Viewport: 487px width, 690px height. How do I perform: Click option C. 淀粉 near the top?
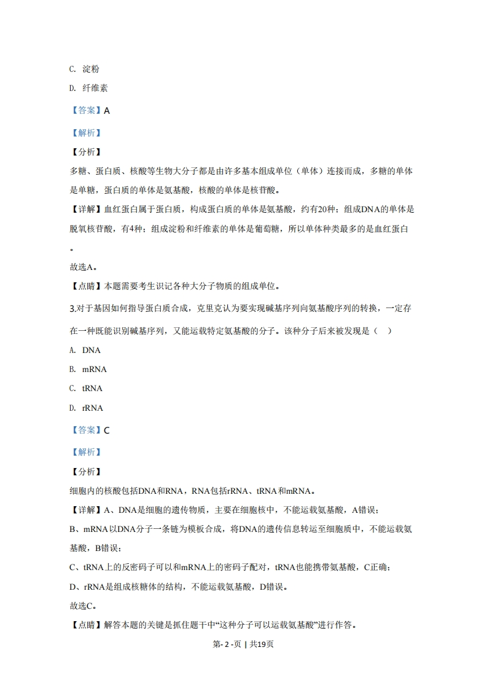pyautogui.click(x=85, y=69)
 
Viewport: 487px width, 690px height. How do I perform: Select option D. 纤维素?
pyautogui.click(x=89, y=88)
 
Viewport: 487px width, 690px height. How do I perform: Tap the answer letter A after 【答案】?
pyautogui.click(x=107, y=111)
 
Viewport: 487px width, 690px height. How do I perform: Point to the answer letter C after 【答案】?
pyautogui.click(x=107, y=430)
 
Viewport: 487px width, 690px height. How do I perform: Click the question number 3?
pyautogui.click(x=72, y=308)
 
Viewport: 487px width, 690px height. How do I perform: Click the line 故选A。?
pyautogui.click(x=83, y=267)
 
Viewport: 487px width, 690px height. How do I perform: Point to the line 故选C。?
pyautogui.click(x=83, y=606)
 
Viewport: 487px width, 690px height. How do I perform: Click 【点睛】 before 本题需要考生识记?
pyautogui.click(x=86, y=286)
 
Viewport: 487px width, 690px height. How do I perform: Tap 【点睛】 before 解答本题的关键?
pyautogui.click(x=86, y=625)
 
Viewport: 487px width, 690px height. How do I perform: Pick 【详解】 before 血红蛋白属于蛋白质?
pyautogui.click(x=86, y=209)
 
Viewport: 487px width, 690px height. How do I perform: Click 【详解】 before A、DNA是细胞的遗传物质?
pyautogui.click(x=86, y=510)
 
